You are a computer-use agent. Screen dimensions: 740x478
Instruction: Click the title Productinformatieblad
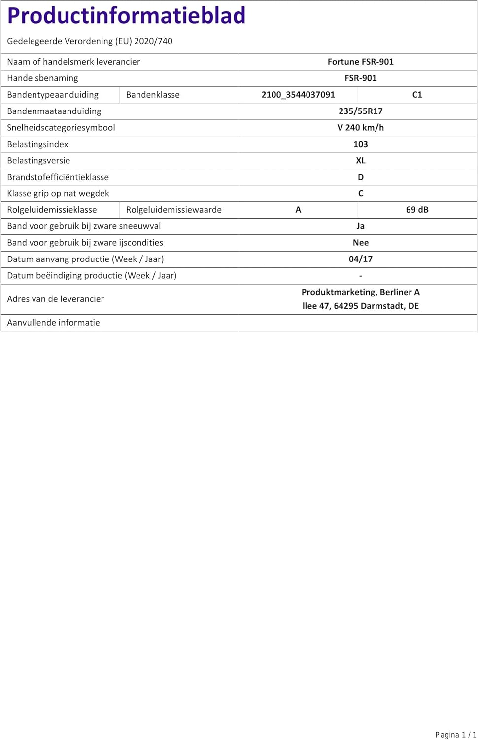coord(126,16)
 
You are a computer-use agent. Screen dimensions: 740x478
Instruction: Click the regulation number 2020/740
coord(153,41)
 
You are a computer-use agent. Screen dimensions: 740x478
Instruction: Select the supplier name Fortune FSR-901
coord(360,62)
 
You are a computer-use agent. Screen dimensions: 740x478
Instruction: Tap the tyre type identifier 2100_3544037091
coord(298,95)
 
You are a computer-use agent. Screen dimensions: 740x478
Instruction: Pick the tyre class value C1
coord(417,95)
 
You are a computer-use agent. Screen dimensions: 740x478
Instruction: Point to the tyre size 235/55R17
coord(360,111)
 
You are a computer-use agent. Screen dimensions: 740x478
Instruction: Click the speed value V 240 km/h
coord(360,127)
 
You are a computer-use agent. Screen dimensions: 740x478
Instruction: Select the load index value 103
coord(360,144)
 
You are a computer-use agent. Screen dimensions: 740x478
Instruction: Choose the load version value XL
coord(360,160)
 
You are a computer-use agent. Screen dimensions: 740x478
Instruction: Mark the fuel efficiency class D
coord(360,177)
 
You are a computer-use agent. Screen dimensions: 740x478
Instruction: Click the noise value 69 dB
coord(417,210)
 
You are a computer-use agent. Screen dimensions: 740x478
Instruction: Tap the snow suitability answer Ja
coord(360,226)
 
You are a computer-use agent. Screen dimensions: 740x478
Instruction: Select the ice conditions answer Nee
coord(360,243)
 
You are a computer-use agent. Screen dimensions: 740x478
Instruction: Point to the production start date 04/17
coord(360,259)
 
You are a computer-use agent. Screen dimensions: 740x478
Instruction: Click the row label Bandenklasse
coord(153,95)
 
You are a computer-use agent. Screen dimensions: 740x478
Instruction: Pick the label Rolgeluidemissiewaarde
coord(173,210)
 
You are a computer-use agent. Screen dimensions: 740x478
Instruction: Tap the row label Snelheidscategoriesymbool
coord(61,127)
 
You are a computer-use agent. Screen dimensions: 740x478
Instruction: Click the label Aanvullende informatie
coord(53,323)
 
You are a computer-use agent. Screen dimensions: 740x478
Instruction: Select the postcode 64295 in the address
coord(346,306)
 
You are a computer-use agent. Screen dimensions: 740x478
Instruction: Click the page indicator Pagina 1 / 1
coord(455,735)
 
